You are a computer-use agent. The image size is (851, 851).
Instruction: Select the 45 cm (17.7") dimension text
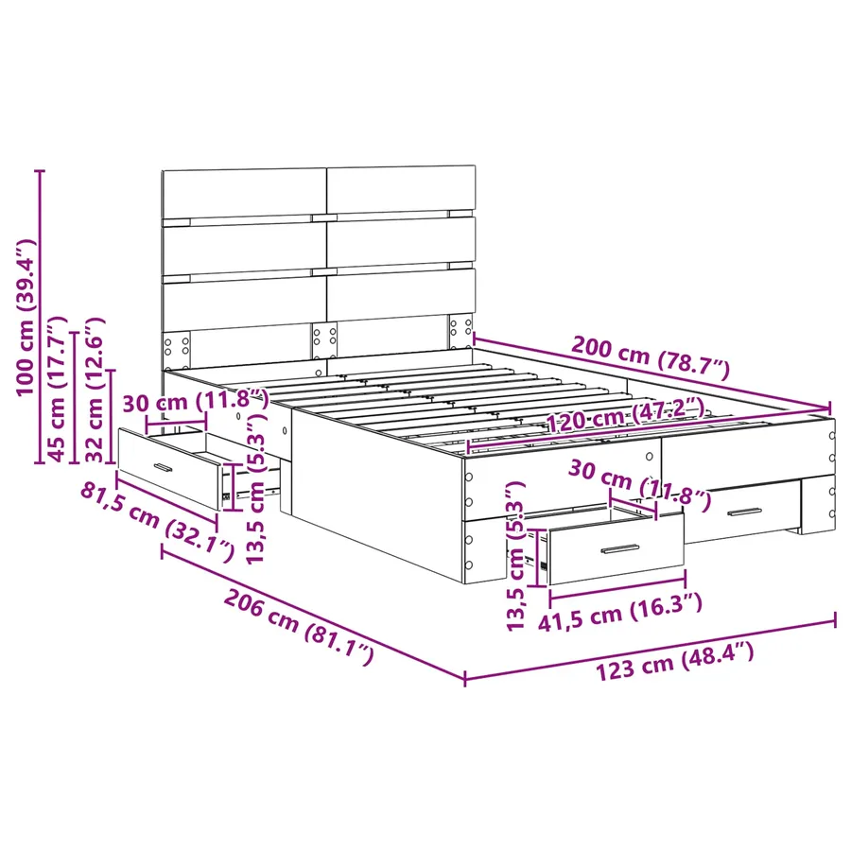58,389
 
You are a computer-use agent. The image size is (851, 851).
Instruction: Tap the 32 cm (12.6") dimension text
94,390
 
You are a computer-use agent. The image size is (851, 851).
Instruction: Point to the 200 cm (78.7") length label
651,358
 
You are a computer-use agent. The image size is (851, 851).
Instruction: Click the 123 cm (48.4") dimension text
674,659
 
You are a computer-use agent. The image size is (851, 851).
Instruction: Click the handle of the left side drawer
163,468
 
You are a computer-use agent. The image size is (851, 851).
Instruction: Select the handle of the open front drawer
620,549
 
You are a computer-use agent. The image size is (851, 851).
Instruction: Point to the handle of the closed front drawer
745,512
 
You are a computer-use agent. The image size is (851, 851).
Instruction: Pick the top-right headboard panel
401,189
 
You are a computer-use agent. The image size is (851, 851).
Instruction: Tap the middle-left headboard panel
244,249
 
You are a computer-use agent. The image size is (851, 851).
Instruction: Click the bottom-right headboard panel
401,295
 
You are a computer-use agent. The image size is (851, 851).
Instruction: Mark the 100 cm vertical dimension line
40,317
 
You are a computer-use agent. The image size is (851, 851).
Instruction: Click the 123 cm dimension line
651,649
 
